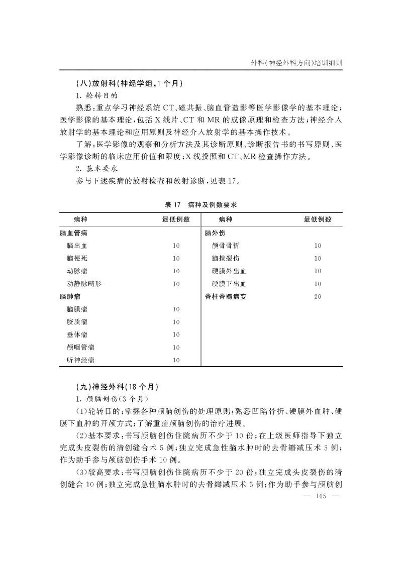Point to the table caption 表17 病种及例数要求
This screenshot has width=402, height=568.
click(x=200, y=205)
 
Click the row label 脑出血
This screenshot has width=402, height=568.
click(x=76, y=246)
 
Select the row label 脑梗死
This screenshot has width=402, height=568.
click(x=76, y=258)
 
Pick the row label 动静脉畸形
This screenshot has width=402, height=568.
click(x=83, y=284)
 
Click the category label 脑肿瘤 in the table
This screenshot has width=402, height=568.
click(x=69, y=296)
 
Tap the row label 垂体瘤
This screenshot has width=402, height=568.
click(x=76, y=334)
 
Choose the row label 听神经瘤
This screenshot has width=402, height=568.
click(x=80, y=360)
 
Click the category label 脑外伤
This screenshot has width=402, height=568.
click(x=215, y=233)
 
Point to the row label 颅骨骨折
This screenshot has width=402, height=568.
click(x=226, y=246)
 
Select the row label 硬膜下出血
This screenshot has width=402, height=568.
click(x=229, y=284)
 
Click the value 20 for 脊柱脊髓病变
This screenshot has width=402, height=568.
click(x=318, y=296)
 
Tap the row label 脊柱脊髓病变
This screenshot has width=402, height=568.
click(x=226, y=296)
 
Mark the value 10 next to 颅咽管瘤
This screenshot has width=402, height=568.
click(x=176, y=347)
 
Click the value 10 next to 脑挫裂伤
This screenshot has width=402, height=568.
click(x=318, y=258)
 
